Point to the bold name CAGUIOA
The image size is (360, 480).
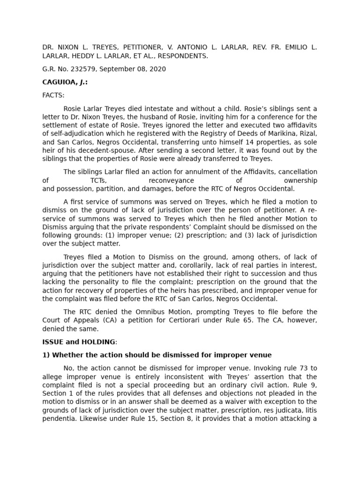(x=60, y=82)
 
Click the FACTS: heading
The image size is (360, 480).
(x=53, y=95)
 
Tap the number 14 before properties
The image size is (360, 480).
(x=231, y=142)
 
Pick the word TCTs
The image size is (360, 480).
(x=98, y=180)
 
